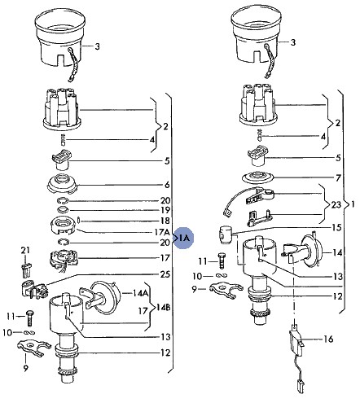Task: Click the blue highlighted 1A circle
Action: click(x=184, y=238)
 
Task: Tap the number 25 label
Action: click(x=165, y=274)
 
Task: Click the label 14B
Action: click(x=163, y=308)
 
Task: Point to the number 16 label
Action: click(x=328, y=339)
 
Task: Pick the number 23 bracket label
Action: click(x=336, y=204)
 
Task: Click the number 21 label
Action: click(x=25, y=250)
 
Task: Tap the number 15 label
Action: click(x=336, y=227)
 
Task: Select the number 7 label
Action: click(x=338, y=178)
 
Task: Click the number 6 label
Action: click(x=167, y=185)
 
